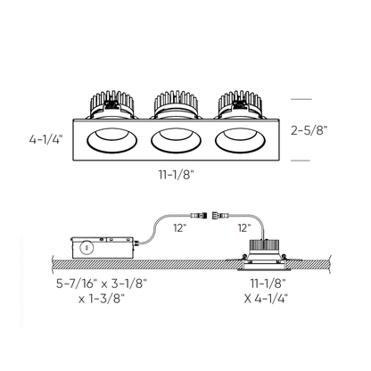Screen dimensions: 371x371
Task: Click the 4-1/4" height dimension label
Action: coord(45,139)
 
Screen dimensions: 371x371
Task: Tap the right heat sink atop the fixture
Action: coord(239,102)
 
